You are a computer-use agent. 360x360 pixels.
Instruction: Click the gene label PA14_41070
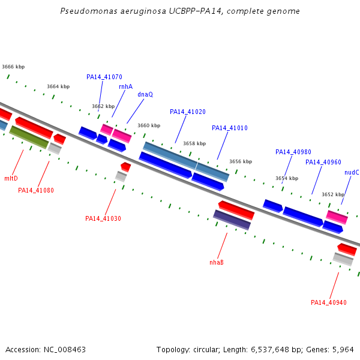point(104,77)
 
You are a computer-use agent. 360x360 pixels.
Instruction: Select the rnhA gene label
point(126,86)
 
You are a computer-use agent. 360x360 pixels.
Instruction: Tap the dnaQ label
point(145,94)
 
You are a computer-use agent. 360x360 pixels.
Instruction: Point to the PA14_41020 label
point(188,112)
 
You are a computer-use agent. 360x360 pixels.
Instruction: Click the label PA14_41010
point(230,128)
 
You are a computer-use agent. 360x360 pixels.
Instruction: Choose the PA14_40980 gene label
point(293,152)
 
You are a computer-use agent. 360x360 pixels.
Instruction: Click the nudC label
point(352,172)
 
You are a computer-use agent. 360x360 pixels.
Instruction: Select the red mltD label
point(11,178)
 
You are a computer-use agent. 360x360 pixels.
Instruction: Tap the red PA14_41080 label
point(36,190)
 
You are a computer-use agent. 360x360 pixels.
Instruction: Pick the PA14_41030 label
point(103,218)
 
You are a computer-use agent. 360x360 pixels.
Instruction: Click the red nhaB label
point(217,262)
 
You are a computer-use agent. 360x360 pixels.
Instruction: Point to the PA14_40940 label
point(329,302)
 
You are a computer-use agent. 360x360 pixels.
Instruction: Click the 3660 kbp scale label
point(149,125)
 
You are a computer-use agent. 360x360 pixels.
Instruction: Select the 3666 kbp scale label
point(13,67)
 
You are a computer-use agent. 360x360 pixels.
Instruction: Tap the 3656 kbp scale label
point(241,161)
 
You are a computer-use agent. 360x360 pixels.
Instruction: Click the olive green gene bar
point(29,137)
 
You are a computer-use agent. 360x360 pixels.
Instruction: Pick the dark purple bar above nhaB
point(232,220)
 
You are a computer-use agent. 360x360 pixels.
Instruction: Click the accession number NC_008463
point(65,350)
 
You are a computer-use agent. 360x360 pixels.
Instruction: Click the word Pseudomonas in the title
point(89,11)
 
